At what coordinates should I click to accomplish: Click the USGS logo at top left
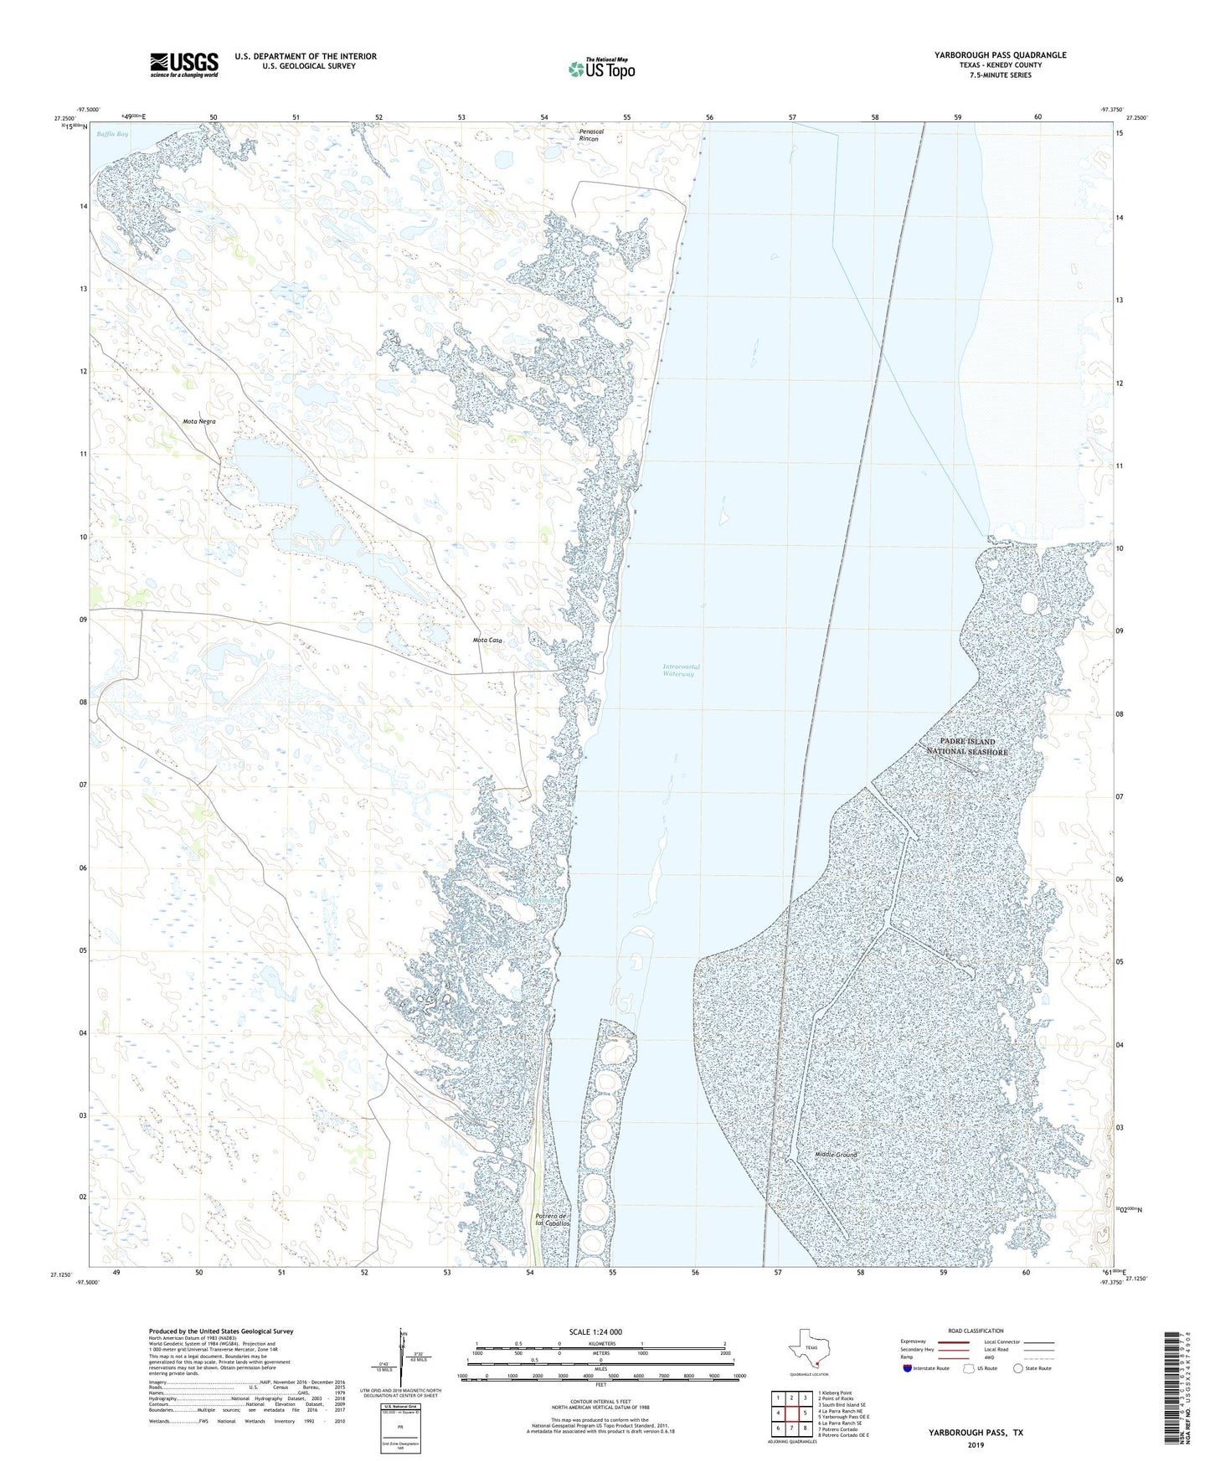coord(183,64)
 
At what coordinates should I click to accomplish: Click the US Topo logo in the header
coord(601,68)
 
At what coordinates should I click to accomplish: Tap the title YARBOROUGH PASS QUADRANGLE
coord(1000,55)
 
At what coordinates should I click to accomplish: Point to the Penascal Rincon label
coord(589,135)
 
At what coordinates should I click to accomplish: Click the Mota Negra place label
coord(198,421)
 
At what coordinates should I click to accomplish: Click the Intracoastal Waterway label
coord(681,670)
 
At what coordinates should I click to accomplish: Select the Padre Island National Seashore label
coord(966,746)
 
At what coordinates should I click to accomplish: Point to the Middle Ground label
coord(836,1155)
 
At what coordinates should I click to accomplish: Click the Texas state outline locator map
coord(809,1350)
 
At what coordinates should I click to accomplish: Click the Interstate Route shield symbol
coord(908,1368)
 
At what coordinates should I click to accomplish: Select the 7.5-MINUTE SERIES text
coord(1000,75)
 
